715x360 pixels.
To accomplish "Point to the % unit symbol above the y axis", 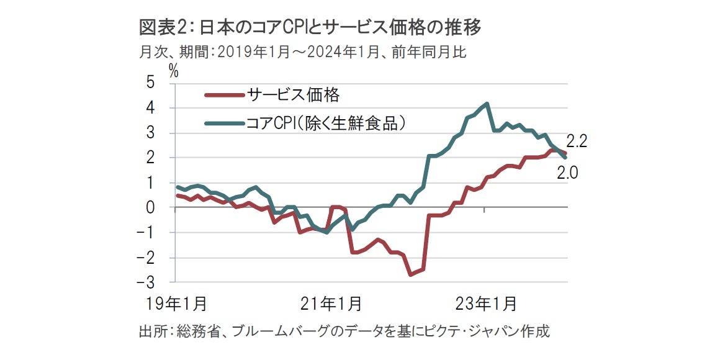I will click(x=174, y=71).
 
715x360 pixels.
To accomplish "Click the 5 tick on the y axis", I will click(x=151, y=83).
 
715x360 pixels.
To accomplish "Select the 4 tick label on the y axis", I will click(x=151, y=108).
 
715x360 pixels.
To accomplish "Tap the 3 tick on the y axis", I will click(x=151, y=133).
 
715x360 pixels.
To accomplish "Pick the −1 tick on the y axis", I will click(x=147, y=233).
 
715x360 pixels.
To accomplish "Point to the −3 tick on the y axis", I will click(x=147, y=282).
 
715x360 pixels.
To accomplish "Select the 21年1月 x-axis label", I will click(x=331, y=304).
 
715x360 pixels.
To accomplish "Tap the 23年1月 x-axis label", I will click(x=485, y=304).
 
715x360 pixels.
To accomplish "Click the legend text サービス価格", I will click(x=293, y=95).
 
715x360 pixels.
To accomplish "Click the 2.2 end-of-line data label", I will click(x=577, y=142).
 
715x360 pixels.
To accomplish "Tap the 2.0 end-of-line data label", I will click(x=568, y=174).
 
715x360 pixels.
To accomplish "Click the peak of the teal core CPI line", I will click(x=487, y=104).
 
